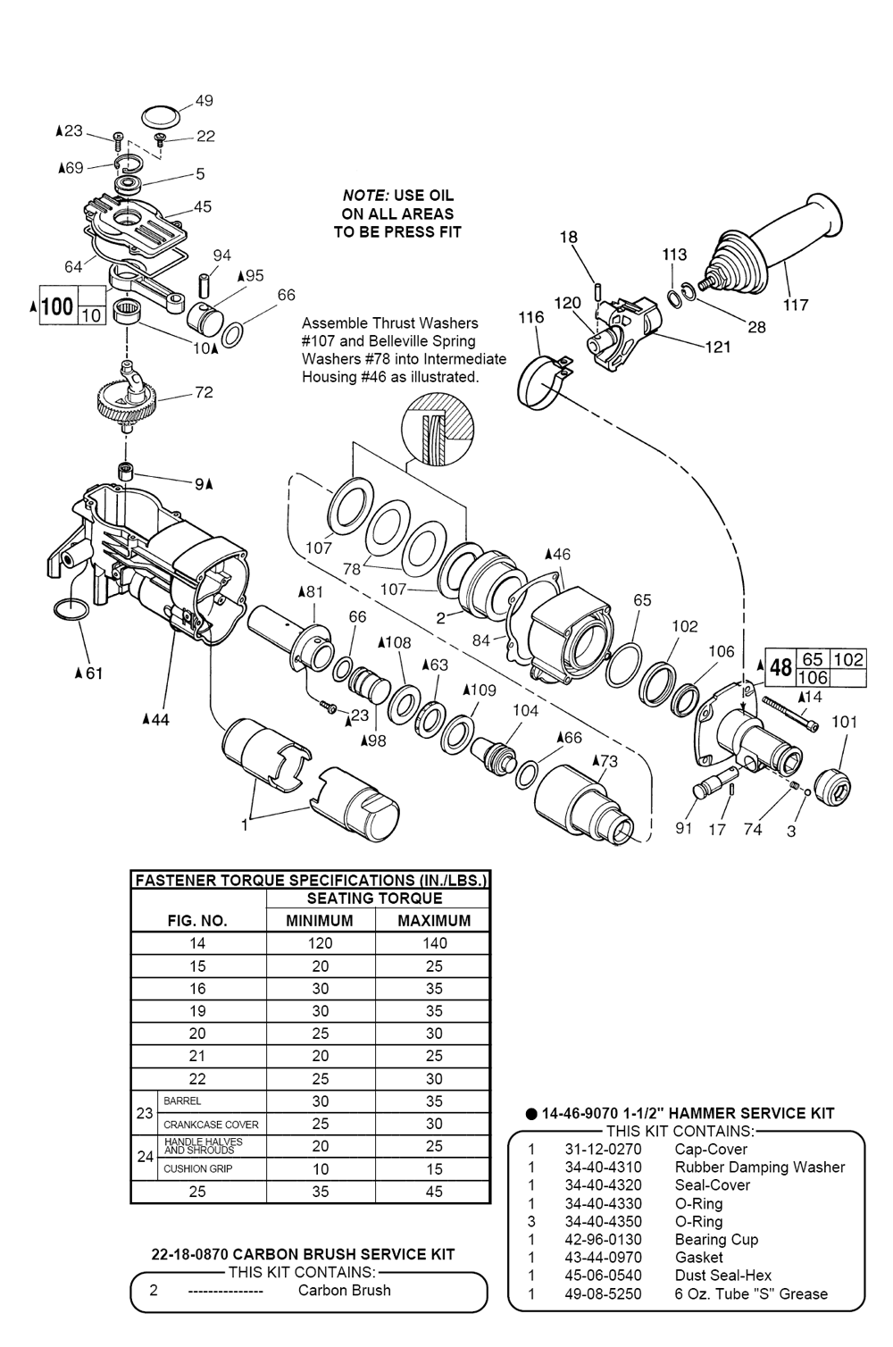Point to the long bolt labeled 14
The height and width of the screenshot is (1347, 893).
click(x=790, y=714)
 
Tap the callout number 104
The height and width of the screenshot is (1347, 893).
click(x=525, y=710)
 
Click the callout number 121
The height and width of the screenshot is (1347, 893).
click(x=717, y=347)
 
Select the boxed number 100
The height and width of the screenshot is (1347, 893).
click(x=58, y=306)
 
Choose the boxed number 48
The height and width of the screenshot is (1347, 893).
click(x=780, y=667)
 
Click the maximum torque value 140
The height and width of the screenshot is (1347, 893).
click(x=434, y=943)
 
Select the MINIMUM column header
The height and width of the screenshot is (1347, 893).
click(x=320, y=920)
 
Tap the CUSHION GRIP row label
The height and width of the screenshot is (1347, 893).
click(x=198, y=1168)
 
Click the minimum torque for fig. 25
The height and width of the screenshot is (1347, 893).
click(x=321, y=1192)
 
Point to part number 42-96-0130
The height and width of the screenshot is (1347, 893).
click(x=603, y=1239)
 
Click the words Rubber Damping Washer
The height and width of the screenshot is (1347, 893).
click(x=760, y=1167)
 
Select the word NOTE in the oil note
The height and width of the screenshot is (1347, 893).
click(x=364, y=196)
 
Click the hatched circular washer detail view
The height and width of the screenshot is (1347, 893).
click(x=438, y=429)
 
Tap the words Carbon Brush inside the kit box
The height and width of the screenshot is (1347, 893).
click(x=345, y=1290)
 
